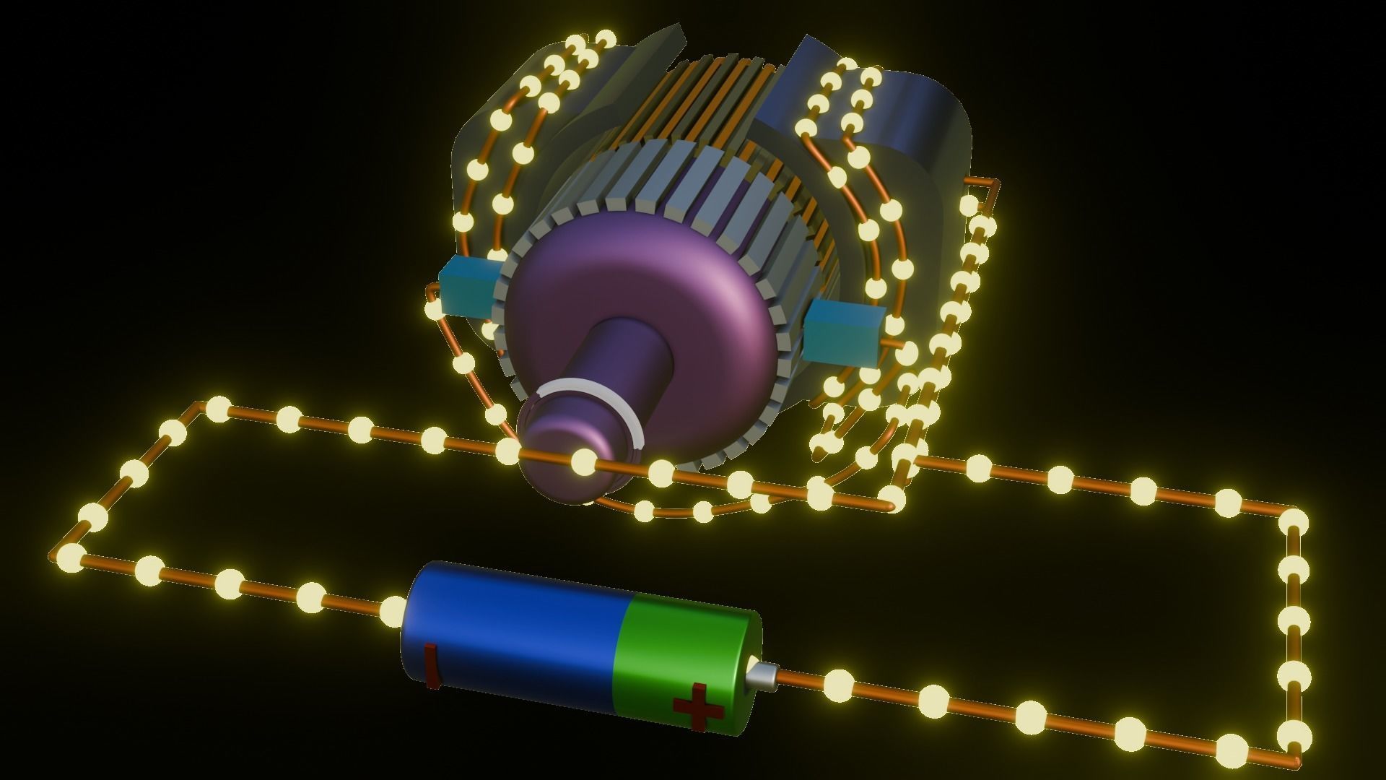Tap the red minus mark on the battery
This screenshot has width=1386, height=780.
tap(431, 664)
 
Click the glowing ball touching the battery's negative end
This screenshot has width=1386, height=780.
tap(394, 608)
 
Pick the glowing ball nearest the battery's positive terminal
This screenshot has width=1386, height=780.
tap(837, 683)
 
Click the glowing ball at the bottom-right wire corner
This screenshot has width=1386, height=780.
tap(1294, 737)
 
